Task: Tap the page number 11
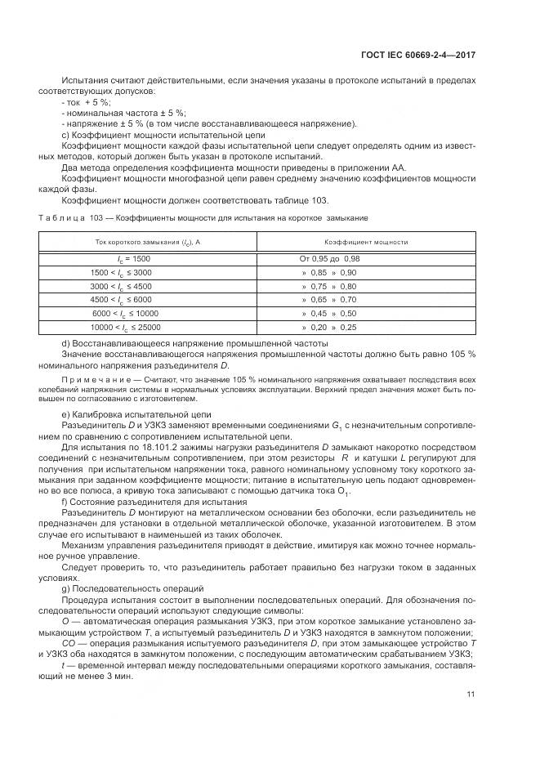471,694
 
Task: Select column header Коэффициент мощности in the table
366,243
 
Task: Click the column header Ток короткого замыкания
148,243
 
